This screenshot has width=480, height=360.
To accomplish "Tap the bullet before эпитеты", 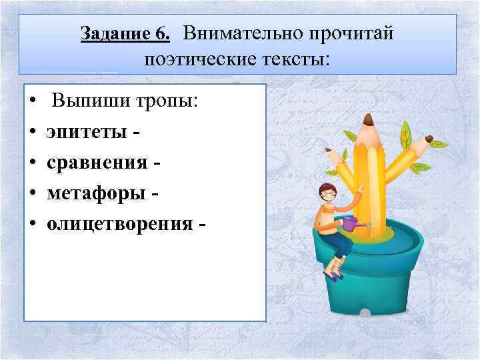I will tap(32, 133).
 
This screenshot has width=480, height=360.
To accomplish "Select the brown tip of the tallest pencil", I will tap(368, 120).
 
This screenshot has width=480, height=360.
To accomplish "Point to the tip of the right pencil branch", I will tap(429, 139).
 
